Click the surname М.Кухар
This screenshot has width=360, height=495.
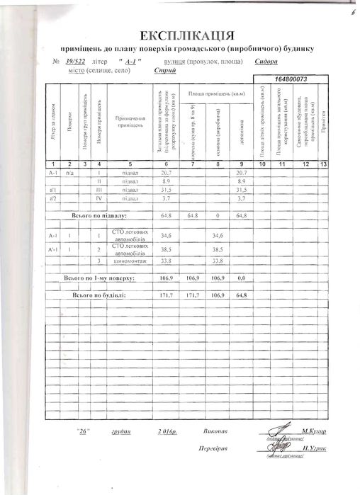tap(313, 431)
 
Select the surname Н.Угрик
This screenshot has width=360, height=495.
tap(313, 449)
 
